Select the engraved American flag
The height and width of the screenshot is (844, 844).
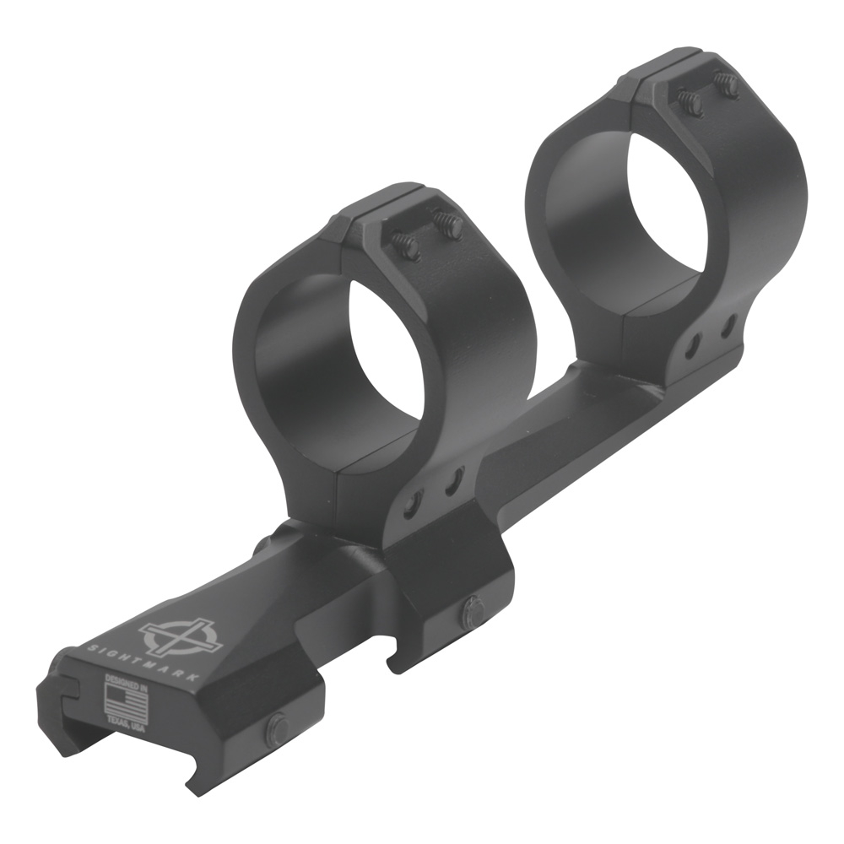point(125,700)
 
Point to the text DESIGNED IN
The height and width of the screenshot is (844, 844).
point(126,679)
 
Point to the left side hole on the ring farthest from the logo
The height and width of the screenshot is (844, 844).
point(694,344)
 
